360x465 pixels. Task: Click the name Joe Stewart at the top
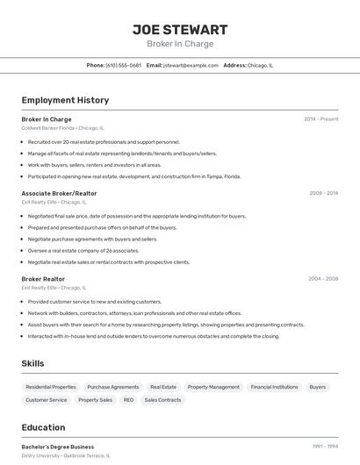[x=180, y=30]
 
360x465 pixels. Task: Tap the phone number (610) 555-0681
[x=123, y=66]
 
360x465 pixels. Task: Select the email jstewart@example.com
[x=190, y=66]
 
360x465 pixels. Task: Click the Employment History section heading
[x=65, y=100]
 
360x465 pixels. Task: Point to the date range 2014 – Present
[x=321, y=119]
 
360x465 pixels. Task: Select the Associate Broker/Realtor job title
[x=59, y=193]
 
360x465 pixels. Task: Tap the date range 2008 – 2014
[x=324, y=193]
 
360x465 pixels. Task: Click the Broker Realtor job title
[x=43, y=279]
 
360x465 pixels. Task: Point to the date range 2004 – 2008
[x=323, y=279]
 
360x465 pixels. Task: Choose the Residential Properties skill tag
[x=51, y=387]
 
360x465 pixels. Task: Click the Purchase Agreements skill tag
[x=113, y=387]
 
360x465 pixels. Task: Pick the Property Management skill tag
[x=213, y=387]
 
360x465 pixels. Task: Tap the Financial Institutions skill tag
[x=274, y=387]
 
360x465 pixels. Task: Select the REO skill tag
[x=128, y=400]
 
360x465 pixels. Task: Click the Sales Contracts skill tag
[x=162, y=400]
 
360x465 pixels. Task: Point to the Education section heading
[x=43, y=428]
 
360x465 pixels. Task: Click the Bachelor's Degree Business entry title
[x=58, y=447]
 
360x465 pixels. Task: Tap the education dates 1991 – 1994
[x=325, y=447]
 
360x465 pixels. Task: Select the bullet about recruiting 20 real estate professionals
[x=104, y=141]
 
